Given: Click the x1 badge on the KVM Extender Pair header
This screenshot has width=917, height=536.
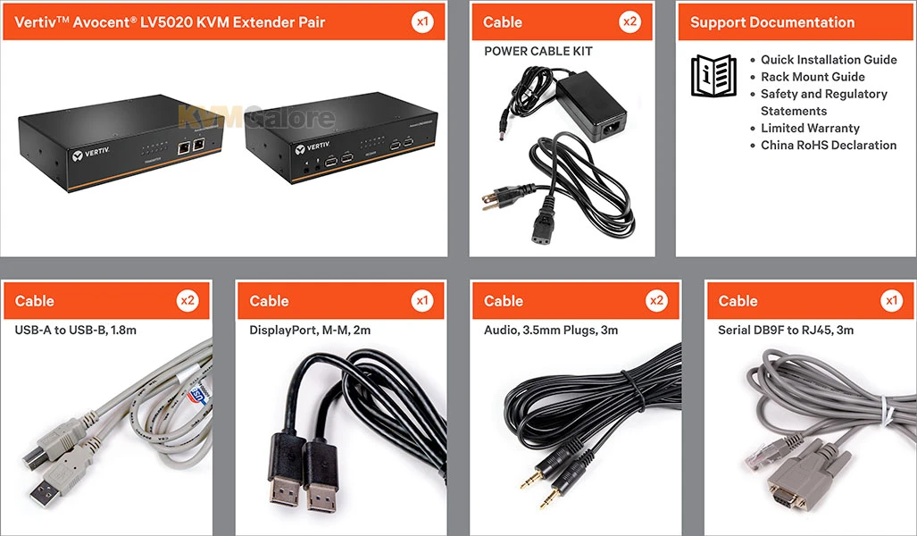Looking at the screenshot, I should click(423, 21).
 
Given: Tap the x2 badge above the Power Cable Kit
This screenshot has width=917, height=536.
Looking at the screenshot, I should click(630, 21).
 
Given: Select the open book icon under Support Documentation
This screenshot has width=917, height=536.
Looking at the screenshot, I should click(714, 75).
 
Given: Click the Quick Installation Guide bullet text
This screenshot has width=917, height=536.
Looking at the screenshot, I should click(829, 60).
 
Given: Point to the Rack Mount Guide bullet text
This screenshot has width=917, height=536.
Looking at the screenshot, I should click(813, 77).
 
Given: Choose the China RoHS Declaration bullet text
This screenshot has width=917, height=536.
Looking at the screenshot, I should click(829, 145).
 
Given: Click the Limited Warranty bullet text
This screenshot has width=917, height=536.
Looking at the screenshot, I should click(810, 128).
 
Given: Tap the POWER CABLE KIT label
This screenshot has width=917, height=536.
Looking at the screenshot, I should click(538, 51).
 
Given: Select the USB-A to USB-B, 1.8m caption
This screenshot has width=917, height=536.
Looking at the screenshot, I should click(75, 330).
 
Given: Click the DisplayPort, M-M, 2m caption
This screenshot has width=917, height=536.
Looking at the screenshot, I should click(310, 330).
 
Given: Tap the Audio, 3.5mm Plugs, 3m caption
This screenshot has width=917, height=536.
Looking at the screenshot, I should click(550, 330).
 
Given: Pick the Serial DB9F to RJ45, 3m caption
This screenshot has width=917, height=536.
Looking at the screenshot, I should click(786, 330).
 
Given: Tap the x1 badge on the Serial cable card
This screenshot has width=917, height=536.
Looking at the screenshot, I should click(891, 301).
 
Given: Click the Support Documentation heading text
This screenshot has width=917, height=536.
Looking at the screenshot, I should click(771, 22).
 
